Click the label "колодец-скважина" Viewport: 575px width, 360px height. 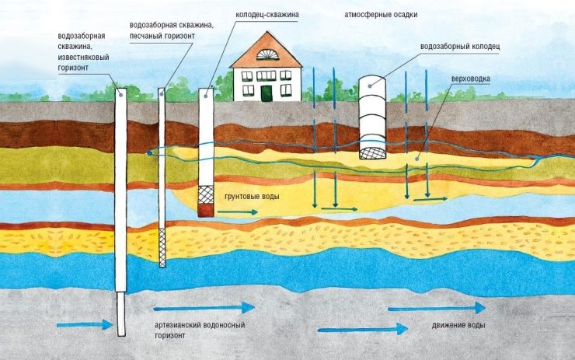(267, 15)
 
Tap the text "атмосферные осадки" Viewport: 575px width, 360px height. (381, 15)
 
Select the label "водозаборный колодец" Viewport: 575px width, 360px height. (460, 47)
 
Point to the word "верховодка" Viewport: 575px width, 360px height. (470, 79)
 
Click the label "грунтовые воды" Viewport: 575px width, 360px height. (252, 197)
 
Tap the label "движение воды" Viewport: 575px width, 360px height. (458, 326)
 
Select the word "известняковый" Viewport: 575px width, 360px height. (83, 58)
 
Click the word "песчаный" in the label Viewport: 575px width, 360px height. (145, 37)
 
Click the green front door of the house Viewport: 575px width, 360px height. (267, 93)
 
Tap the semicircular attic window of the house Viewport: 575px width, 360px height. (267, 54)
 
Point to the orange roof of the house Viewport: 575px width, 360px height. (267, 51)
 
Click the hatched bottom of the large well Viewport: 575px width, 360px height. (372, 153)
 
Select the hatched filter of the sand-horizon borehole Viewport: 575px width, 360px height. (162, 247)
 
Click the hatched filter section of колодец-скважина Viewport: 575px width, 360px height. (206, 195)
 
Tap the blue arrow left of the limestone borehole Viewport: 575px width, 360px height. (85, 325)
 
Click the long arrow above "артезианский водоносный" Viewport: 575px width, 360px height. (204, 308)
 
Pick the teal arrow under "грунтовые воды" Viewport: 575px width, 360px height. (238, 212)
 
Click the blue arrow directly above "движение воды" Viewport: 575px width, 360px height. (437, 308)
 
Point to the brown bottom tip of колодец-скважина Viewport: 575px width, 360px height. (206, 211)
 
